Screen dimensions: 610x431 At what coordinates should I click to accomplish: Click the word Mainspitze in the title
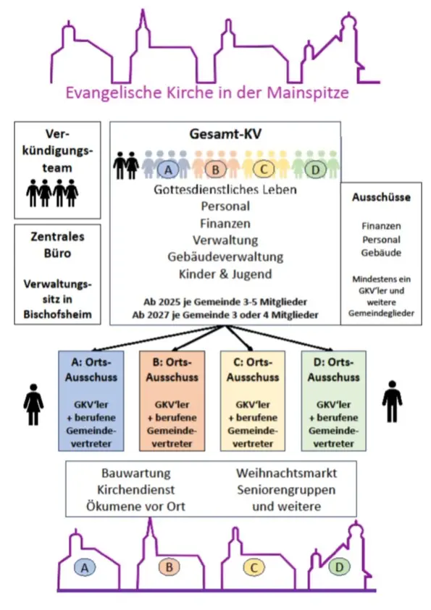point(308,93)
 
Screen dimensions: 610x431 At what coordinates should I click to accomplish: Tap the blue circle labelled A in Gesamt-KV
point(168,169)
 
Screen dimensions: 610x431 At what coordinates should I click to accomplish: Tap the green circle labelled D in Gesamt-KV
point(314,169)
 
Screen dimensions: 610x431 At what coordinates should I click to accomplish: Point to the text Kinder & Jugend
point(225,274)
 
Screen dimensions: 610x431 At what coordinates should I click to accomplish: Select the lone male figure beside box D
point(392,401)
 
